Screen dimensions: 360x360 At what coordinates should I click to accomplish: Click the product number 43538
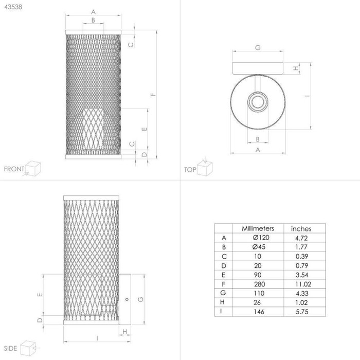[13, 7]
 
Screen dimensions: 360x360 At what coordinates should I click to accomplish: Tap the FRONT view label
[14, 169]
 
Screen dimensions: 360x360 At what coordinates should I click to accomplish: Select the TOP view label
[190, 170]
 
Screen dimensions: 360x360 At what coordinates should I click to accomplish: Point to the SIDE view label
[11, 348]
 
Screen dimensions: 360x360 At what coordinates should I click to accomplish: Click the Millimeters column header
[258, 228]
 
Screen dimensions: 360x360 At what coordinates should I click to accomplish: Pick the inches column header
[301, 229]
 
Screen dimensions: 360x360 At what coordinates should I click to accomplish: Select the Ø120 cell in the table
[261, 238]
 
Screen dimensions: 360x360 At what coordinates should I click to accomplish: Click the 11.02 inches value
[303, 284]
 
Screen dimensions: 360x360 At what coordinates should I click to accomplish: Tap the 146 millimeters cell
[259, 312]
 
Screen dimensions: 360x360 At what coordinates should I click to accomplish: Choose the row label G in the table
[223, 293]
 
